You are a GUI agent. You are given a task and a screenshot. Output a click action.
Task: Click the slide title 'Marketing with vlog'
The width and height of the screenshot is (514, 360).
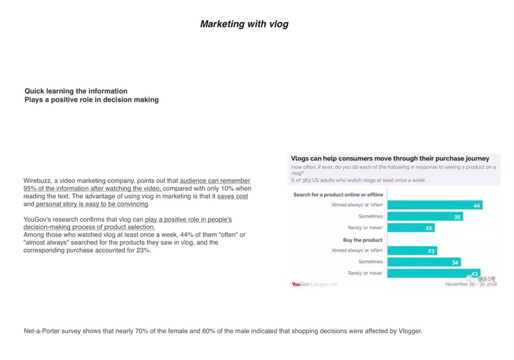click(244, 24)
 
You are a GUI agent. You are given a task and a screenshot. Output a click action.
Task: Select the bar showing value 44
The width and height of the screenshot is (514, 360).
click(435, 205)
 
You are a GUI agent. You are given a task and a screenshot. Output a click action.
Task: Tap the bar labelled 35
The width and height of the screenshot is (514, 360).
click(425, 216)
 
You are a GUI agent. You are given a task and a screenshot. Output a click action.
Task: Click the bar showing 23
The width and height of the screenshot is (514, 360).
click(412, 251)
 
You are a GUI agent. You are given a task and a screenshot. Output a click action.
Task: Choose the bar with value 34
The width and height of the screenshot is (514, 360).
click(424, 262)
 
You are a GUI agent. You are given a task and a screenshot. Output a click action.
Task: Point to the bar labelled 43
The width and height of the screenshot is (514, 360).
click(433, 273)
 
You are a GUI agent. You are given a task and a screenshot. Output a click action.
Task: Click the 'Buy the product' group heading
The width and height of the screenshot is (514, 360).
click(362, 240)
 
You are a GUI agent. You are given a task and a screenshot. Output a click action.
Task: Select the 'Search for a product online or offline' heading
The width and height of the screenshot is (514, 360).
click(338, 194)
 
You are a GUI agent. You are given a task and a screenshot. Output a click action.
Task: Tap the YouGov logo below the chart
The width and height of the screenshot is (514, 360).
click(301, 284)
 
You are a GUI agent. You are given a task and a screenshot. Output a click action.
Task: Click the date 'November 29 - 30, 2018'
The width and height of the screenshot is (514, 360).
click(471, 284)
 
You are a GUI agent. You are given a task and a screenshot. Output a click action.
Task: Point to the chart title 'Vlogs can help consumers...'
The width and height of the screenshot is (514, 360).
click(390, 158)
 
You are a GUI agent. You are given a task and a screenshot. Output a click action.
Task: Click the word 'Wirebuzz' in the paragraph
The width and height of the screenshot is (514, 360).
click(37, 181)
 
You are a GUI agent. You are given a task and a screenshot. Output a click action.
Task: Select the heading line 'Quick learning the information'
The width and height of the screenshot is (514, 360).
click(76, 91)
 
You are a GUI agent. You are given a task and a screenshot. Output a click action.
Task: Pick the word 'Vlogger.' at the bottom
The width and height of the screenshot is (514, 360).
click(410, 331)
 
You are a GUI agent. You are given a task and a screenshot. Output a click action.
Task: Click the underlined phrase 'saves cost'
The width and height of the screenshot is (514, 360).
click(232, 196)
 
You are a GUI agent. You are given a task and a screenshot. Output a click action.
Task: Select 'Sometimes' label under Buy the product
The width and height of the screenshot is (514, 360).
click(370, 262)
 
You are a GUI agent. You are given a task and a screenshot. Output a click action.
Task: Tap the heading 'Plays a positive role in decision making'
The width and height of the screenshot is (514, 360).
click(91, 99)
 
